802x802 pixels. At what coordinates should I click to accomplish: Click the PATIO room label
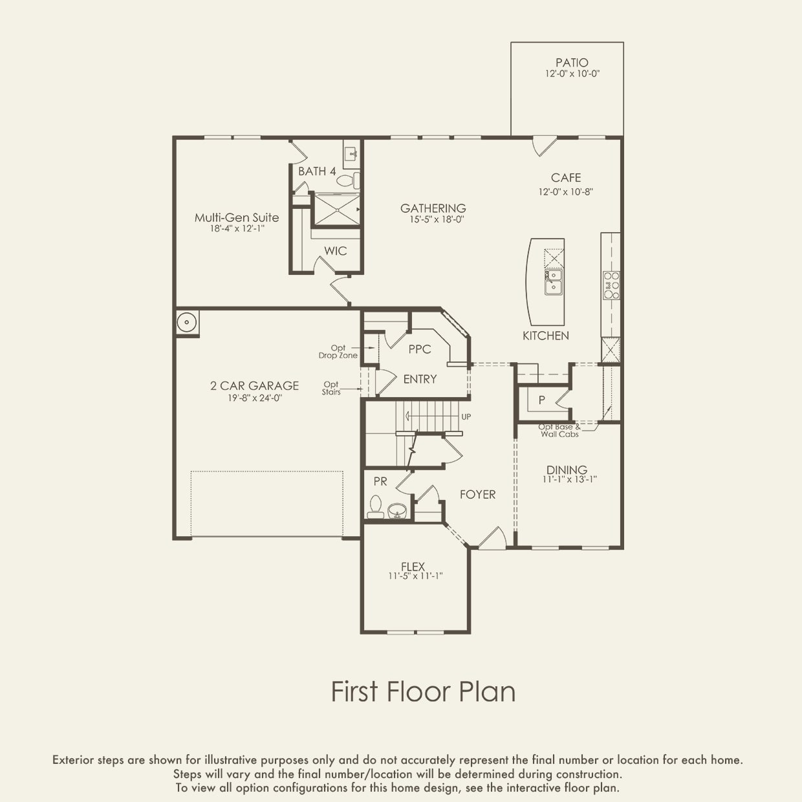pos(572,63)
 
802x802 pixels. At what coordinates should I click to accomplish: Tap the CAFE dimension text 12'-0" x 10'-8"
pos(565,192)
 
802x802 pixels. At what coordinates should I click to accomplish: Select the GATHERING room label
pos(433,208)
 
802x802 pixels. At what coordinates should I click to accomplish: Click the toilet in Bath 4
pos(349,180)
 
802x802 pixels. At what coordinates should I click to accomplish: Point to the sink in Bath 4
pos(352,155)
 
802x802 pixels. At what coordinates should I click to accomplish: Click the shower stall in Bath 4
pos(336,210)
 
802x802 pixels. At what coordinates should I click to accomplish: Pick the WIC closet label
pos(336,250)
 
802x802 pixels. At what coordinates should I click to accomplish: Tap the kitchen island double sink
pos(553,282)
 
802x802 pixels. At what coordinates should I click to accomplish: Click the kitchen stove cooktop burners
pos(611,285)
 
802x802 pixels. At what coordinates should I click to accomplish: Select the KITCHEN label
pos(546,336)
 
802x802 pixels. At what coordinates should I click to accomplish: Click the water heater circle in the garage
pos(187,322)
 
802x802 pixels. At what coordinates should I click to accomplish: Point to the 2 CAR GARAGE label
pos(254,386)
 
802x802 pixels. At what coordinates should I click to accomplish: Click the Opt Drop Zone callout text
pos(338,352)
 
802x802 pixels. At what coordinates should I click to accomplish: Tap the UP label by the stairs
pos(466,417)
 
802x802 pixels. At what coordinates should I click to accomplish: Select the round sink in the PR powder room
pos(397,511)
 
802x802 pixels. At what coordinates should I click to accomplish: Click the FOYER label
pos(478,494)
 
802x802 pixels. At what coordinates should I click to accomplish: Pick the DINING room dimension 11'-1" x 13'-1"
pos(569,479)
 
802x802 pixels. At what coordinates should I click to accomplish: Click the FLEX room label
pos(413,567)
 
